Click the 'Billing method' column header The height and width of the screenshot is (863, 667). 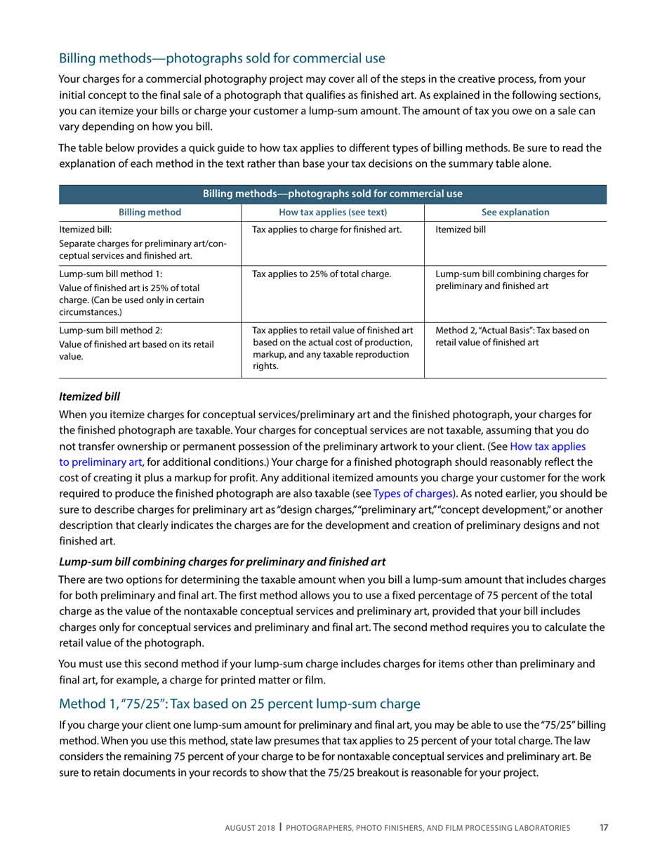click(x=150, y=212)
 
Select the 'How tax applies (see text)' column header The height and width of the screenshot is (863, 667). click(x=333, y=212)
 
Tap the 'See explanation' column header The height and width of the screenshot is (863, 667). click(x=515, y=212)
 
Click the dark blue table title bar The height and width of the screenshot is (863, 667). click(x=333, y=194)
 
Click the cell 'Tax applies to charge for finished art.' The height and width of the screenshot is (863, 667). click(x=326, y=229)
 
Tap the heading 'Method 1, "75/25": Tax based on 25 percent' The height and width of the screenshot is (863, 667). click(x=239, y=704)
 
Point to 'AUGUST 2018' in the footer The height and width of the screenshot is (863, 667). click(x=250, y=829)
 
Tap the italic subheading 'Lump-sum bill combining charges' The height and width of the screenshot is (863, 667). click(x=222, y=562)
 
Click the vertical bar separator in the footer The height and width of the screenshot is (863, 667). click(x=281, y=828)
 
